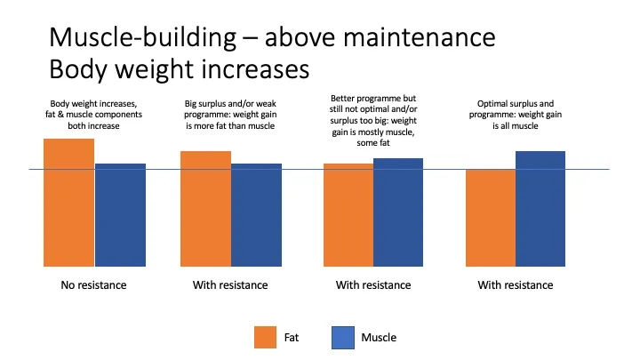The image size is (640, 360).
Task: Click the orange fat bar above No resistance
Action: click(x=69, y=203)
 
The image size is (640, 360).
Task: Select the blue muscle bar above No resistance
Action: click(x=120, y=215)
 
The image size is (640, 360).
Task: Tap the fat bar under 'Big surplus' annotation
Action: click(x=205, y=209)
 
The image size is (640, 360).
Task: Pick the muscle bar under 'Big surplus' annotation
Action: click(x=256, y=215)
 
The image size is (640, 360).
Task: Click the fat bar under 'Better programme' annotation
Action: click(x=348, y=215)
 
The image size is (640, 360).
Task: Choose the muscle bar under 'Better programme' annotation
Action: click(x=398, y=212)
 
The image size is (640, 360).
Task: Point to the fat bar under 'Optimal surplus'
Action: click(x=491, y=218)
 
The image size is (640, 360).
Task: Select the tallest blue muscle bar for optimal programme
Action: click(x=540, y=209)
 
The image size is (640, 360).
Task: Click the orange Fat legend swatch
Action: click(x=265, y=337)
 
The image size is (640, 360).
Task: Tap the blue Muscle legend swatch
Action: click(x=343, y=338)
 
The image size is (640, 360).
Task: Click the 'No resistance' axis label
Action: click(x=93, y=285)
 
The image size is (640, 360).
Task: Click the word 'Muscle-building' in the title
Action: click(x=143, y=37)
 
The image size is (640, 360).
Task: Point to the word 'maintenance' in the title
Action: click(x=420, y=37)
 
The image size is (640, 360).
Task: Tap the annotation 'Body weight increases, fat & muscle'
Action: click(x=93, y=115)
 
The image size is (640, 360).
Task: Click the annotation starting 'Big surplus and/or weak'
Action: click(x=230, y=115)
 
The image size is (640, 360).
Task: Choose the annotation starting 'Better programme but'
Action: click(x=373, y=120)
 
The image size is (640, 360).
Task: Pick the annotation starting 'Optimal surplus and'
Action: click(x=515, y=115)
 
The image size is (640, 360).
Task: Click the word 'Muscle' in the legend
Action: click(x=379, y=338)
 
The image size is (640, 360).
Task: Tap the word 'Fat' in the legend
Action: click(x=292, y=338)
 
